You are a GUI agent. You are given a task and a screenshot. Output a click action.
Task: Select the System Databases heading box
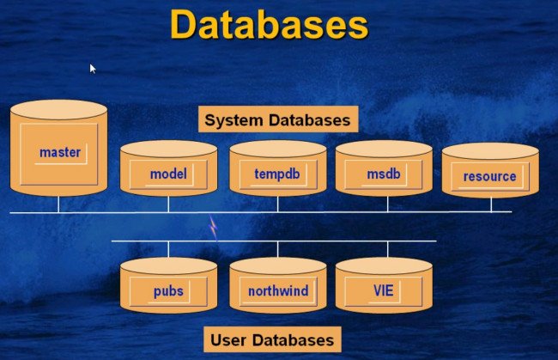[277, 119]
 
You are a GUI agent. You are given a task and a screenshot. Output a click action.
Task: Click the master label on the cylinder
[60, 153]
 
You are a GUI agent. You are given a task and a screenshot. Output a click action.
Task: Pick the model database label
[168, 174]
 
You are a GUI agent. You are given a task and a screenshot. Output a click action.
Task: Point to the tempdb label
[277, 174]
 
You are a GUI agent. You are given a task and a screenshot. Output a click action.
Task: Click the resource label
[489, 177]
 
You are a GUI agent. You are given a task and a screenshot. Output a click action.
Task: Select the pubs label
[168, 291]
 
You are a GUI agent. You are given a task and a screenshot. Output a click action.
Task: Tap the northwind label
[277, 291]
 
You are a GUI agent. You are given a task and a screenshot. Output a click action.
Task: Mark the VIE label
[383, 291]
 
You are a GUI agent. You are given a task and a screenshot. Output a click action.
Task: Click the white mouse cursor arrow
[93, 68]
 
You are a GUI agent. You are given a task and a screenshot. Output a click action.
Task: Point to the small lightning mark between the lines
[214, 227]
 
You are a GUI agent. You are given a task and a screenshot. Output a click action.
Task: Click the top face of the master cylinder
[58, 110]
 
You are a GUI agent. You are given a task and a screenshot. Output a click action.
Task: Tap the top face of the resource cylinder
[489, 151]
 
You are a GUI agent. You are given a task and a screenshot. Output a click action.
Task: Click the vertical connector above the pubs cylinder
[168, 249]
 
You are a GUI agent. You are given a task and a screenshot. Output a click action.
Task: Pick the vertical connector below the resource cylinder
[491, 204]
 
